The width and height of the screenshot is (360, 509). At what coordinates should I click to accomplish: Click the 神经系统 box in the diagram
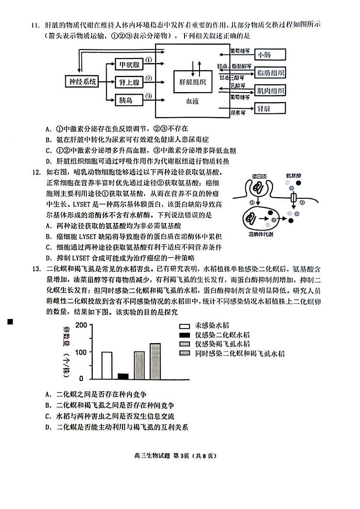[x=81, y=82]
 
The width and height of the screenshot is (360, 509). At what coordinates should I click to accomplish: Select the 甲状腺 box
[x=128, y=64]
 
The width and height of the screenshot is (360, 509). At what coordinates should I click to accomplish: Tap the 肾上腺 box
[x=128, y=82]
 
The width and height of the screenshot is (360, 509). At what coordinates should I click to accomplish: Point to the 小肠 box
[x=270, y=55]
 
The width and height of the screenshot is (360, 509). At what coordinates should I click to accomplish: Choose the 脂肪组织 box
[x=270, y=73]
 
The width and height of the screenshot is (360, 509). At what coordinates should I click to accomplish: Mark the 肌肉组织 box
[x=270, y=90]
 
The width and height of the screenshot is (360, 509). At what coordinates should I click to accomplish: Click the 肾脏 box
[x=270, y=108]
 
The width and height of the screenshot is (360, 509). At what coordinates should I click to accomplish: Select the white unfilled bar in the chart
[x=107, y=365]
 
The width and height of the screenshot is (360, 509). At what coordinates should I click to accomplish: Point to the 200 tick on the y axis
[x=80, y=325]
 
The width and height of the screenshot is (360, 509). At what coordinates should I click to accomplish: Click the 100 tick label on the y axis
[x=80, y=352]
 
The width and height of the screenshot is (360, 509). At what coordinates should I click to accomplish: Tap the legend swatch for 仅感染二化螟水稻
[x=184, y=335]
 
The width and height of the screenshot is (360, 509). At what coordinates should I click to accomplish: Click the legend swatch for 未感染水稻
[x=184, y=326]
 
